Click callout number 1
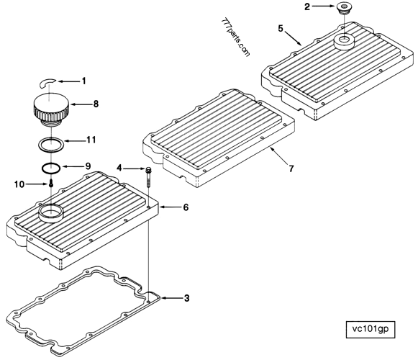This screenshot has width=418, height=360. coord(83,79)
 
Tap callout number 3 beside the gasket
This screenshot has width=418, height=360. coord(187,297)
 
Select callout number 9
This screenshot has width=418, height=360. coord(88,166)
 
